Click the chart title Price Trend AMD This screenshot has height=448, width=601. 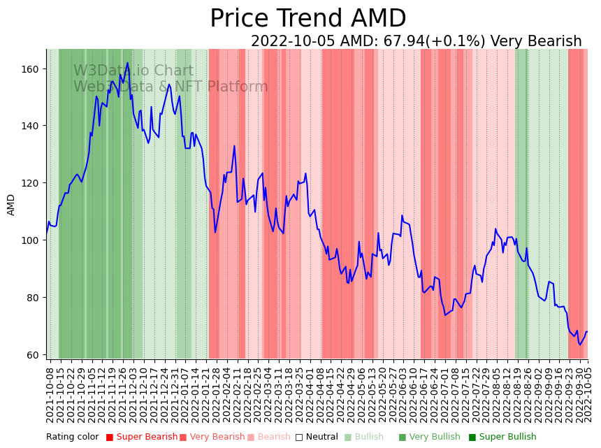307,19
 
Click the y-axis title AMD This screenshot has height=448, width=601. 11,205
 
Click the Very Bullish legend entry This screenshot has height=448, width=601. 434,437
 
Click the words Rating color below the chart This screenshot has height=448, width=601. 73,437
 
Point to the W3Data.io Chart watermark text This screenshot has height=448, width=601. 133,71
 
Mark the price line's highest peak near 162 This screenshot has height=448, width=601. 127,64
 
